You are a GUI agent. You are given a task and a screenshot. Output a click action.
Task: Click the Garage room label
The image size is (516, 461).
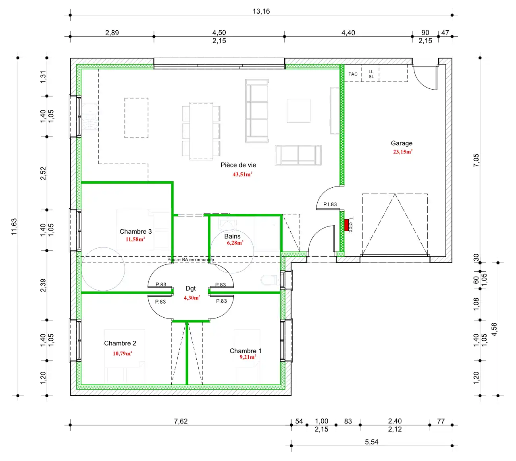pyautogui.click(x=402, y=143)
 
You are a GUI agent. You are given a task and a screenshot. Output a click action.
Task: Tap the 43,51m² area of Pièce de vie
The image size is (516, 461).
pyautogui.click(x=242, y=174)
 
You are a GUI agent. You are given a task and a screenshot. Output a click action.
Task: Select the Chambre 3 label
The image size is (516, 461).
pyautogui.click(x=135, y=231)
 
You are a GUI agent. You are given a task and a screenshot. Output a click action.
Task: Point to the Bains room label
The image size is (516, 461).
pyautogui.click(x=232, y=236)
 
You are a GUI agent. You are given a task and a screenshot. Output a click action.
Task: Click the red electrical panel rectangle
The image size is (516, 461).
pyautogui.click(x=346, y=225)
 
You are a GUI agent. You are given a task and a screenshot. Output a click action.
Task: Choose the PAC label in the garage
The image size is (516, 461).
pyautogui.click(x=353, y=74)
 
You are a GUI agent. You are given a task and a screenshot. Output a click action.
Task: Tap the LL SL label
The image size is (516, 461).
pyautogui.click(x=371, y=74)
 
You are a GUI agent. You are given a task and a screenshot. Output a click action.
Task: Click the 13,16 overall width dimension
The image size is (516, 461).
pyautogui.click(x=261, y=11)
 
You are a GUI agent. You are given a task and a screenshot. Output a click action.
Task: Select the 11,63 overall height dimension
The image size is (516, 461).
pyautogui.click(x=14, y=226)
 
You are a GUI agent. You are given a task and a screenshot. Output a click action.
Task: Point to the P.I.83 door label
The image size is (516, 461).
pyautogui.click(x=330, y=204)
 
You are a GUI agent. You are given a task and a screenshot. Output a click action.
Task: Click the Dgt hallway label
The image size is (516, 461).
pyautogui.click(x=191, y=288)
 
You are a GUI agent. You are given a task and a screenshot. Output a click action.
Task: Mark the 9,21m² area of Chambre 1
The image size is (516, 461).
pyautogui.click(x=248, y=357)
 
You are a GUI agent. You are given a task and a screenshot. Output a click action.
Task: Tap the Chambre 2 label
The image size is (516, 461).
pyautogui.click(x=120, y=343)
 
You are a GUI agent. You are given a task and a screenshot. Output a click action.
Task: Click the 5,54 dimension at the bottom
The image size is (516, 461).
pyautogui.click(x=371, y=442)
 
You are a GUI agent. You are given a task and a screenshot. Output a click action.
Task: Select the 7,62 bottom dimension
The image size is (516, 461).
pyautogui.click(x=181, y=421)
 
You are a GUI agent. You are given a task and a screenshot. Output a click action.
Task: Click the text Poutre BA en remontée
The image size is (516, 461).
pyautogui.click(x=191, y=260)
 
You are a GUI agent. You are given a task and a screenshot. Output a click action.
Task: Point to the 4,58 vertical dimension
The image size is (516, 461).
pyautogui.click(x=494, y=329)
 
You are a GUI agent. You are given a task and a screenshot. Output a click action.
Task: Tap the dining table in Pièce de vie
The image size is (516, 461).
pyautogui.click(x=201, y=131)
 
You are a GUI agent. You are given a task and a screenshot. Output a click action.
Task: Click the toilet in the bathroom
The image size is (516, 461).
pyautogui.click(x=270, y=280)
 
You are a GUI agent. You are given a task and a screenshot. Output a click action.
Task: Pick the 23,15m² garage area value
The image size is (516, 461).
pyautogui.click(x=403, y=151)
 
